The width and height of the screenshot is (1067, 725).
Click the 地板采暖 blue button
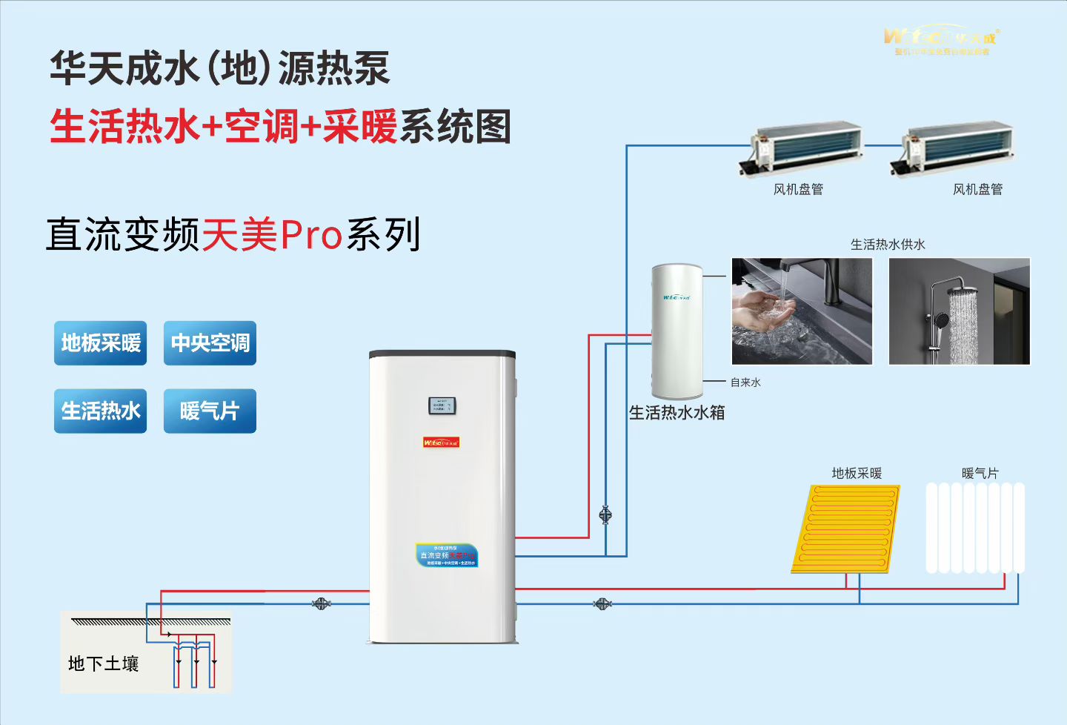100,343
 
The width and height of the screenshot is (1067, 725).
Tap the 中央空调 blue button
210,343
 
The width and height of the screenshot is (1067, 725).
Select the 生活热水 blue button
100,411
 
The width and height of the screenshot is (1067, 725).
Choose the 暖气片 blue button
210,411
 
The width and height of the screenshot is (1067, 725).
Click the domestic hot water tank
677,331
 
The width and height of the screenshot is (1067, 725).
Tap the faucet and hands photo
802,311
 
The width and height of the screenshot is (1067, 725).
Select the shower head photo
959,311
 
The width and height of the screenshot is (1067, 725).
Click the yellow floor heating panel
846,528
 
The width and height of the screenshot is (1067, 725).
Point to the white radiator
975,528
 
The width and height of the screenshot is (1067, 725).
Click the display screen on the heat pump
442,405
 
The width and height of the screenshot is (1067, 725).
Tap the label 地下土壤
104,663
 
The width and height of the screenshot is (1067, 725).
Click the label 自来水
745,383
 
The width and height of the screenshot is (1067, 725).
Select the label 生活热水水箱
677,413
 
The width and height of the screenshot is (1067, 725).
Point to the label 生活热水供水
888,245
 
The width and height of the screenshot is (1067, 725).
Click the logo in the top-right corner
941,41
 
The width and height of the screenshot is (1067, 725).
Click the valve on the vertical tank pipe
605,514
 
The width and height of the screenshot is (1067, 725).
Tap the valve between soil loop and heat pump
321,604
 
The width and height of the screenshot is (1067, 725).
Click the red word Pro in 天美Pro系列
311,235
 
